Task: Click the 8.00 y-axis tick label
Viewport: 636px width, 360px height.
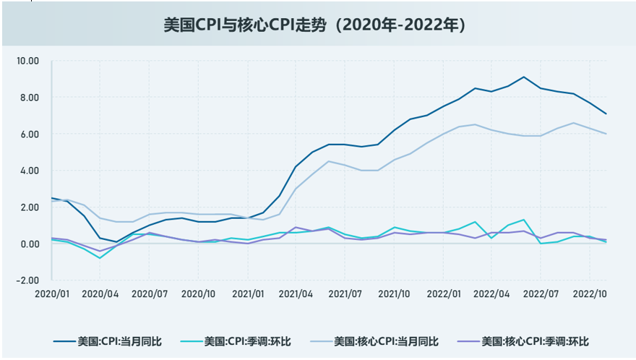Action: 29,98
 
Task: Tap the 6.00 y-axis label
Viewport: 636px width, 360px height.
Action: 29,134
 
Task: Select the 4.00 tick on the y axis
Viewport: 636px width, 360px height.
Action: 29,171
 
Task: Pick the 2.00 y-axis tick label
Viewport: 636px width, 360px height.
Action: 29,207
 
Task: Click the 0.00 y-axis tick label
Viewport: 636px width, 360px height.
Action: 29,244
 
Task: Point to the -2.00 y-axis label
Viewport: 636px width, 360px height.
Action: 27,280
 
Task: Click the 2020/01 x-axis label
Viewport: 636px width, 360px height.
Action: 51,293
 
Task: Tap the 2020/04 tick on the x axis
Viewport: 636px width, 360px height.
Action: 100,293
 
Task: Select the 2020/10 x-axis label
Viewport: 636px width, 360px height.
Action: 198,293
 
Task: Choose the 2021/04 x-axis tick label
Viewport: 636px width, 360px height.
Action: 296,293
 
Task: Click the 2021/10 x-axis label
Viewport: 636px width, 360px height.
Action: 394,293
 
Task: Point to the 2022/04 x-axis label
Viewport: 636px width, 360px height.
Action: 491,293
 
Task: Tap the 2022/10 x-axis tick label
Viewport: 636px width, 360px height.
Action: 589,293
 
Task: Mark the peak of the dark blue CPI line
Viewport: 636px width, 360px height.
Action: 524,77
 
